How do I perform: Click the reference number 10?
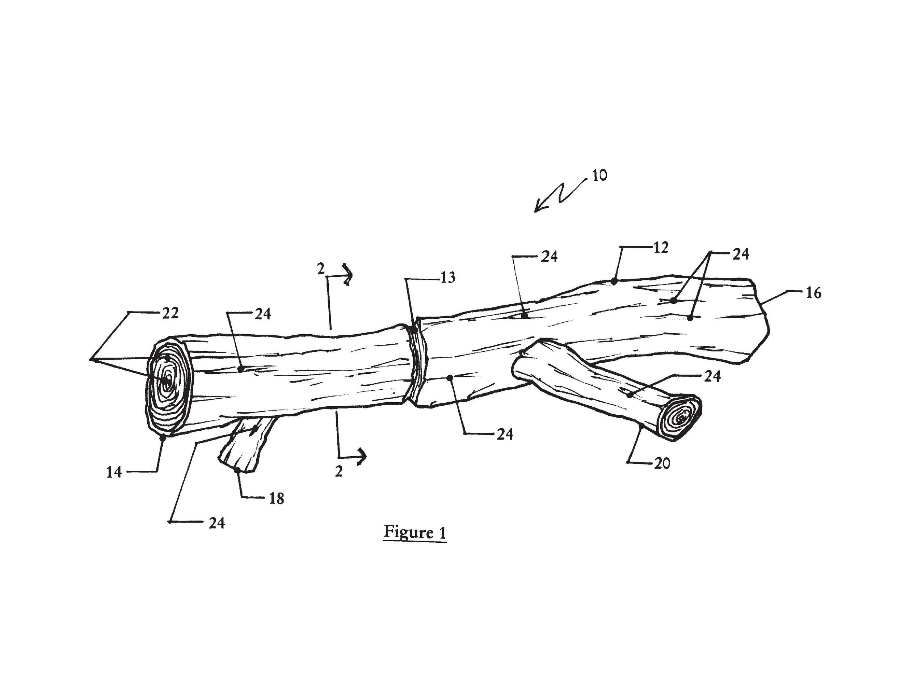click(599, 175)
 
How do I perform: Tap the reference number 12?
click(661, 247)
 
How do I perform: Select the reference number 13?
click(447, 278)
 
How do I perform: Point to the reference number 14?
click(114, 472)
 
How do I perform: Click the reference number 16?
click(813, 293)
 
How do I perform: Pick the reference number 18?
click(277, 499)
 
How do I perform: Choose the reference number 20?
click(662, 463)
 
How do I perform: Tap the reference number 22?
click(170, 313)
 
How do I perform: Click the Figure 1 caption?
click(415, 532)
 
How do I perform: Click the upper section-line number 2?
click(321, 269)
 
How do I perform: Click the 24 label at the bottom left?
click(216, 524)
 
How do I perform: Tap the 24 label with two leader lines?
click(741, 254)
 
